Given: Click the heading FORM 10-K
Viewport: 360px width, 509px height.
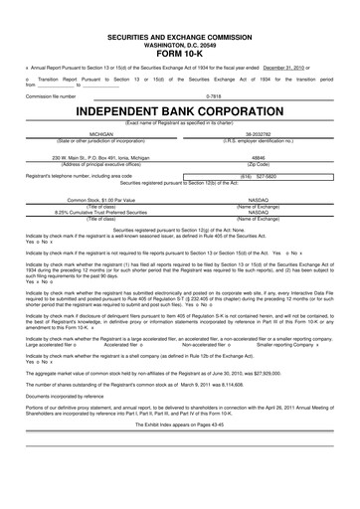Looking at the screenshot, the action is pyautogui.click(x=180, y=53).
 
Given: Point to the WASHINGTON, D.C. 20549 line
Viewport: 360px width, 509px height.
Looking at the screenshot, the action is pyautogui.click(x=180, y=43).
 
